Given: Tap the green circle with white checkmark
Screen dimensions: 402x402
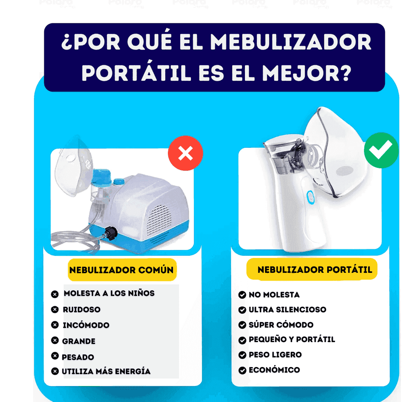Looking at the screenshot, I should (381, 150).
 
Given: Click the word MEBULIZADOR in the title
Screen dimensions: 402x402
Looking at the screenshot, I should (291, 42).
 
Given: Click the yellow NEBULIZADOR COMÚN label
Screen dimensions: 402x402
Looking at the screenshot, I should (122, 270).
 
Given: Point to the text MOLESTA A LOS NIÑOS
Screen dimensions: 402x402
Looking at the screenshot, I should (109, 293).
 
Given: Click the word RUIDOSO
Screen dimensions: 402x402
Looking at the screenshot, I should (82, 309).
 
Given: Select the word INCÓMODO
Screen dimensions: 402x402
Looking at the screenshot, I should (86, 325).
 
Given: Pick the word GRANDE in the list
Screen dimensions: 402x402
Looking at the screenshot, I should (79, 341).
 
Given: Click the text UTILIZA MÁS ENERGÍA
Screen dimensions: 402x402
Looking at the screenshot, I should (106, 371).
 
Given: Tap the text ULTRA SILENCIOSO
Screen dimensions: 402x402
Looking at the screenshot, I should (287, 310).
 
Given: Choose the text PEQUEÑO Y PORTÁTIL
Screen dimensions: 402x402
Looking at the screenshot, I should (292, 339).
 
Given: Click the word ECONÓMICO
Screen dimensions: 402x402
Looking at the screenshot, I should (274, 370).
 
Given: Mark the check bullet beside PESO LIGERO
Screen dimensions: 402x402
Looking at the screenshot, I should (242, 355).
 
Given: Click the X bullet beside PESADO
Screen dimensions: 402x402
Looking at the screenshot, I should (55, 356).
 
